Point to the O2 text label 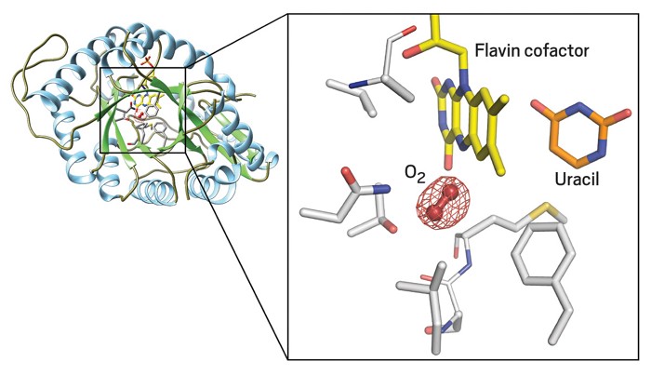click(x=416, y=175)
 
